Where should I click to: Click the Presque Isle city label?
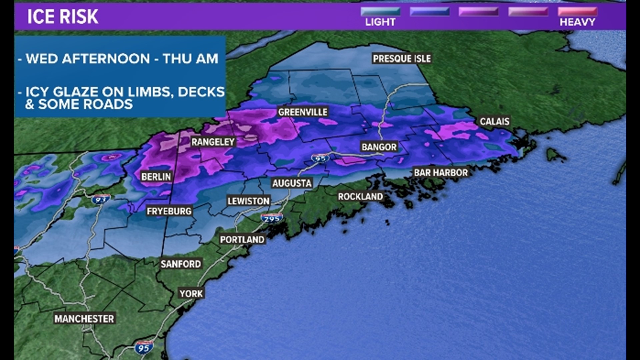(x=402, y=59)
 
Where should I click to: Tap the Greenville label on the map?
(x=303, y=112)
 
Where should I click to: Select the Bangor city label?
(x=379, y=147)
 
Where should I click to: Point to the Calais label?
(x=494, y=121)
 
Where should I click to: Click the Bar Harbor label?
(x=441, y=173)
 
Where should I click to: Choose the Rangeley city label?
(x=213, y=142)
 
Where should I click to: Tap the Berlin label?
(x=156, y=177)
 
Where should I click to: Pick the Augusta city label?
(x=292, y=183)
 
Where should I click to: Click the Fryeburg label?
(x=169, y=211)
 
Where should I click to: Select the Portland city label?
(x=242, y=240)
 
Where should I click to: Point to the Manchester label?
(x=84, y=319)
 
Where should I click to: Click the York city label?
(x=191, y=294)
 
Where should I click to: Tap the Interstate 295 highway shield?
(x=272, y=218)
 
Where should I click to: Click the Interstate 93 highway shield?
(x=100, y=199)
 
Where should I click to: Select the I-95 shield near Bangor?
(x=320, y=158)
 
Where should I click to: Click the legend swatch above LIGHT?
(x=380, y=12)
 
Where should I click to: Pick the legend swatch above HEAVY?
(x=577, y=12)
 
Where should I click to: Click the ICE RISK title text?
(x=63, y=17)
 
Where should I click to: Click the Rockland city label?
(x=360, y=197)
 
